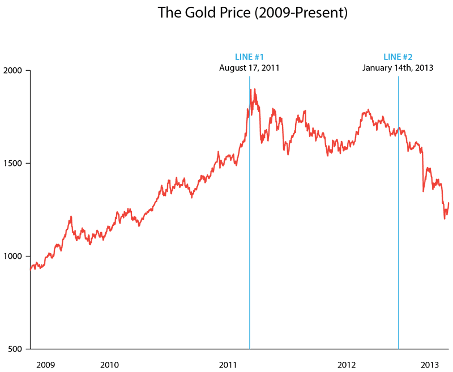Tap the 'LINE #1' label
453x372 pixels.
[x=249, y=57]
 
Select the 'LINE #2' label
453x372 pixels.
[x=398, y=57]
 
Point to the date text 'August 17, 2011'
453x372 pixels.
[x=249, y=68]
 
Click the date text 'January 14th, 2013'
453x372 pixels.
[x=398, y=68]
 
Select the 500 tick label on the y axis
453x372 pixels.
[x=15, y=349]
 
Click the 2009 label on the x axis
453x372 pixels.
[x=45, y=364]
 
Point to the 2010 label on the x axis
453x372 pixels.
[x=109, y=364]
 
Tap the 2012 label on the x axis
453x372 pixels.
[x=347, y=364]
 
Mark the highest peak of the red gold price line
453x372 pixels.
[x=255, y=89]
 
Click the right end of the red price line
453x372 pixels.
[x=448, y=203]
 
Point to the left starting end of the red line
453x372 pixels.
[x=31, y=270]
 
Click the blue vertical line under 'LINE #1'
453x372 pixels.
[x=250, y=226]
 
